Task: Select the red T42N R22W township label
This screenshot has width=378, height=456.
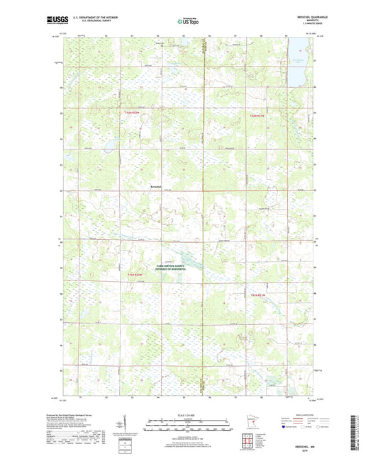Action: [132, 113]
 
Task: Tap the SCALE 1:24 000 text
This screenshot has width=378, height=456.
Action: [189, 415]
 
